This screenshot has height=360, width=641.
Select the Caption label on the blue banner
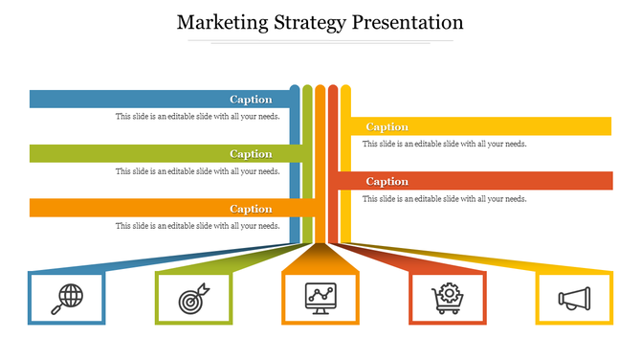coord(251,99)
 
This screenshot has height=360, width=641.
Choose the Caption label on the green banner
coord(251,153)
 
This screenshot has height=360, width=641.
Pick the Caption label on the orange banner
coord(251,209)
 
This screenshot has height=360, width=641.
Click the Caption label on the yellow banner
coord(387,126)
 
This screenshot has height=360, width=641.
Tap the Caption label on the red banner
coord(387,181)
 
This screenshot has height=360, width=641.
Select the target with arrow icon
coord(192,299)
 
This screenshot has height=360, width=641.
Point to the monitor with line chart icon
coord(320,299)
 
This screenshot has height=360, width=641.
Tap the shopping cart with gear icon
coord(448,299)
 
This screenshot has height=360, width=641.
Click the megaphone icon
coord(574,299)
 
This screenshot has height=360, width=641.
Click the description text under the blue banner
coord(197,117)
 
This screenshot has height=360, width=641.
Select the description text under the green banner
coord(197,171)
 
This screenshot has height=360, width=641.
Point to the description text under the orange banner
coord(197,226)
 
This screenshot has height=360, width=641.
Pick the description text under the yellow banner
coord(444,144)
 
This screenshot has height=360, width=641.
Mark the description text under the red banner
coord(444,198)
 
